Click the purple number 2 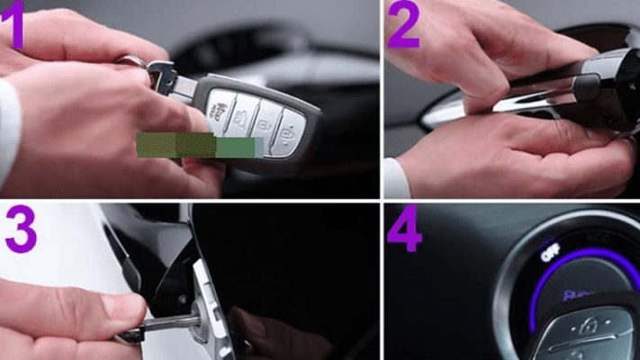pyautogui.click(x=404, y=27)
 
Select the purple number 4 pyautogui.click(x=405, y=231)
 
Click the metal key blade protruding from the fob pyautogui.click(x=177, y=83)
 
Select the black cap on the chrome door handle pyautogui.click(x=586, y=86)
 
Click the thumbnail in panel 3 pyautogui.click(x=125, y=307)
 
